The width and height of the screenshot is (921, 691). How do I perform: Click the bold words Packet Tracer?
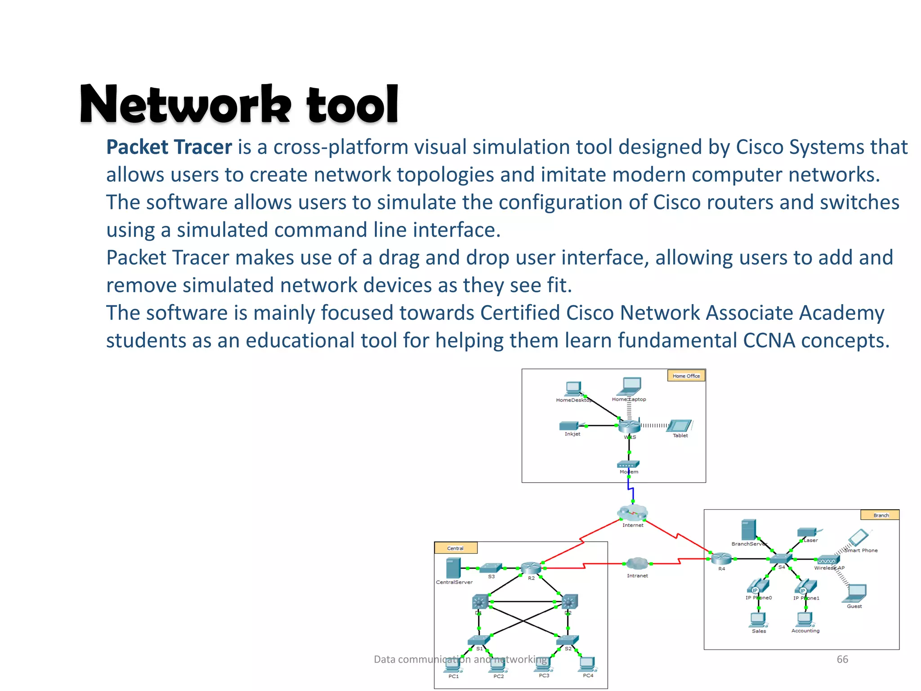[x=169, y=147]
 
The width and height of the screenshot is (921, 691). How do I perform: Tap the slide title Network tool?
[x=239, y=104]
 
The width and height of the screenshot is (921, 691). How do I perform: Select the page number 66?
[x=842, y=659]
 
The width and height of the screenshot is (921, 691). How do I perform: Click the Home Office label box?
[x=686, y=376]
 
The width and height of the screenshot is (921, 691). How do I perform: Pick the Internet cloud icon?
[x=632, y=513]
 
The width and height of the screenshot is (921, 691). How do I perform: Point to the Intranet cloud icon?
[x=637, y=563]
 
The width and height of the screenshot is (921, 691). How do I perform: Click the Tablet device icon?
[x=680, y=426]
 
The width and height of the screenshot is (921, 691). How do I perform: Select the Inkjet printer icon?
[x=569, y=426]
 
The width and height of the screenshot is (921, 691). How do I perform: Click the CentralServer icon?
[x=453, y=568]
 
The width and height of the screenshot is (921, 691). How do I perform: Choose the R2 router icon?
[x=531, y=568]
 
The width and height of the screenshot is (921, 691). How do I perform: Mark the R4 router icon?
[x=721, y=559]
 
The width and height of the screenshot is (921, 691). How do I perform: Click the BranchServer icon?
[x=748, y=530]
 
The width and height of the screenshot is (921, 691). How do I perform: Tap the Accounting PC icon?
[x=805, y=619]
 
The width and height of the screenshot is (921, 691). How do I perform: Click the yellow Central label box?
[x=455, y=548]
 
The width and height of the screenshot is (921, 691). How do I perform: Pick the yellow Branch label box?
[x=880, y=515]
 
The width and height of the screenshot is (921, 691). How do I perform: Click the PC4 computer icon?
[x=587, y=664]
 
